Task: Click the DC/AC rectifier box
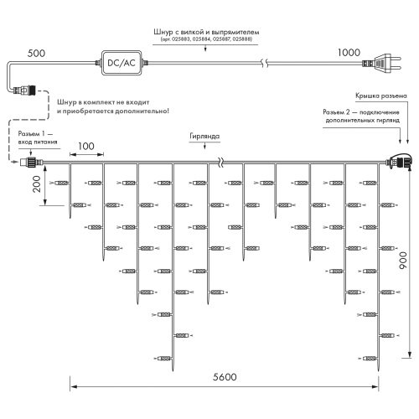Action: pos(122,63)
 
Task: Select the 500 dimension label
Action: pos(36,53)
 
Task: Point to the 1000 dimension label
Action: pos(349,52)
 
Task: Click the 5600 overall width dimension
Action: pos(225,377)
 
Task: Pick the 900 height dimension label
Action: pos(403,260)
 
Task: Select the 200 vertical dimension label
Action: pos(37,184)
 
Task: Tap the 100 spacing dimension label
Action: pos(86,146)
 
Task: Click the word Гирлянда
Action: pos(204,136)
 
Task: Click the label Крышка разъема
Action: pos(381,96)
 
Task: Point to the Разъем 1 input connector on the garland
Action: pos(31,162)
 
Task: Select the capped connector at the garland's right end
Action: pos(400,161)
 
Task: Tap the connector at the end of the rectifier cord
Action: pos(25,90)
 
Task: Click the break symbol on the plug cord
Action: pos(265,63)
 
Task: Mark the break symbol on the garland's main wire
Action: pos(220,162)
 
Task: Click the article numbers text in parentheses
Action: pos(206,39)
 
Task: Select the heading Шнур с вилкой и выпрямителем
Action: pos(206,32)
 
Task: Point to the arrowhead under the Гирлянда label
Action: pos(204,147)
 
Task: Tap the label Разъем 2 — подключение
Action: pos(361,112)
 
